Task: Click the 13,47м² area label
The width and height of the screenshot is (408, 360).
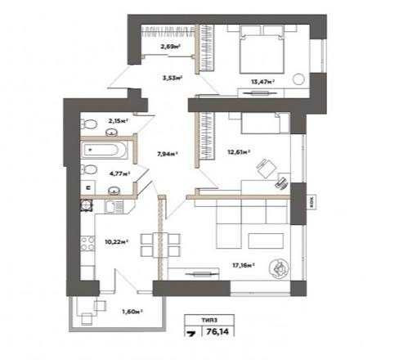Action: (261, 82)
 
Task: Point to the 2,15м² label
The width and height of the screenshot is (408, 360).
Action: (114, 121)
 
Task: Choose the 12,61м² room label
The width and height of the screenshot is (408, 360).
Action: (238, 151)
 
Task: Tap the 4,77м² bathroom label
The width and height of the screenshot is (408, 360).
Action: (119, 173)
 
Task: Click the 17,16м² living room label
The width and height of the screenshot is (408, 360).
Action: (243, 265)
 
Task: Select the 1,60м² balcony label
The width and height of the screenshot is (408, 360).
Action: (132, 311)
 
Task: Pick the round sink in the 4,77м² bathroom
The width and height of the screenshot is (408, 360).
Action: (116, 191)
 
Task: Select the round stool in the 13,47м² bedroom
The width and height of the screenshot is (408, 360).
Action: (299, 80)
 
